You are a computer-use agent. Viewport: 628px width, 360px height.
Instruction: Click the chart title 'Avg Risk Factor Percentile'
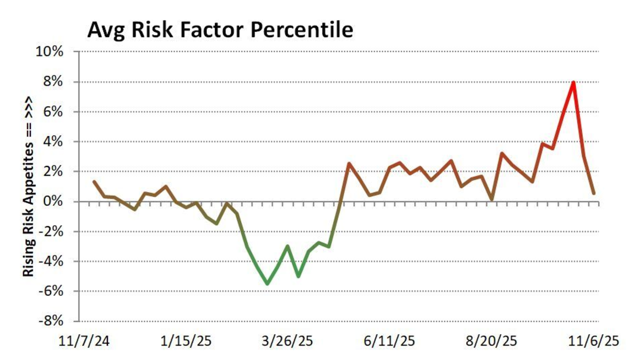(x=220, y=30)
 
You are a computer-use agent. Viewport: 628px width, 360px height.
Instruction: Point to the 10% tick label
(x=49, y=52)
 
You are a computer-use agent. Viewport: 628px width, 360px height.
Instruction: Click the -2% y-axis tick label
(x=51, y=232)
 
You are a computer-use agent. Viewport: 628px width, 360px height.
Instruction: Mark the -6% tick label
(x=51, y=291)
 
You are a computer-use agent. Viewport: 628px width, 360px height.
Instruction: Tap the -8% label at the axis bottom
(x=51, y=321)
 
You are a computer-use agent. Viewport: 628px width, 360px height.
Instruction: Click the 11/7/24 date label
(x=84, y=341)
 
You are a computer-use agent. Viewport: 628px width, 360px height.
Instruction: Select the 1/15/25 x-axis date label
(x=186, y=341)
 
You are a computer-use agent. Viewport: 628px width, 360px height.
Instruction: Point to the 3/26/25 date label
(x=288, y=341)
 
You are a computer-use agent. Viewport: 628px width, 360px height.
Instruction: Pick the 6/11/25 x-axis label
(x=389, y=341)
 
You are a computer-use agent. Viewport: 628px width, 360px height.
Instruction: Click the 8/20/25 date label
(x=491, y=341)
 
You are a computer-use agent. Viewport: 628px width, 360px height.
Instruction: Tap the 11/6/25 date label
(x=594, y=341)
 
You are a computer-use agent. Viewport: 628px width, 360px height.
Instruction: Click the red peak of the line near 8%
(x=573, y=82)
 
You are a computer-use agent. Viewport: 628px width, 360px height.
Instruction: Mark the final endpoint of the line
(x=594, y=193)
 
